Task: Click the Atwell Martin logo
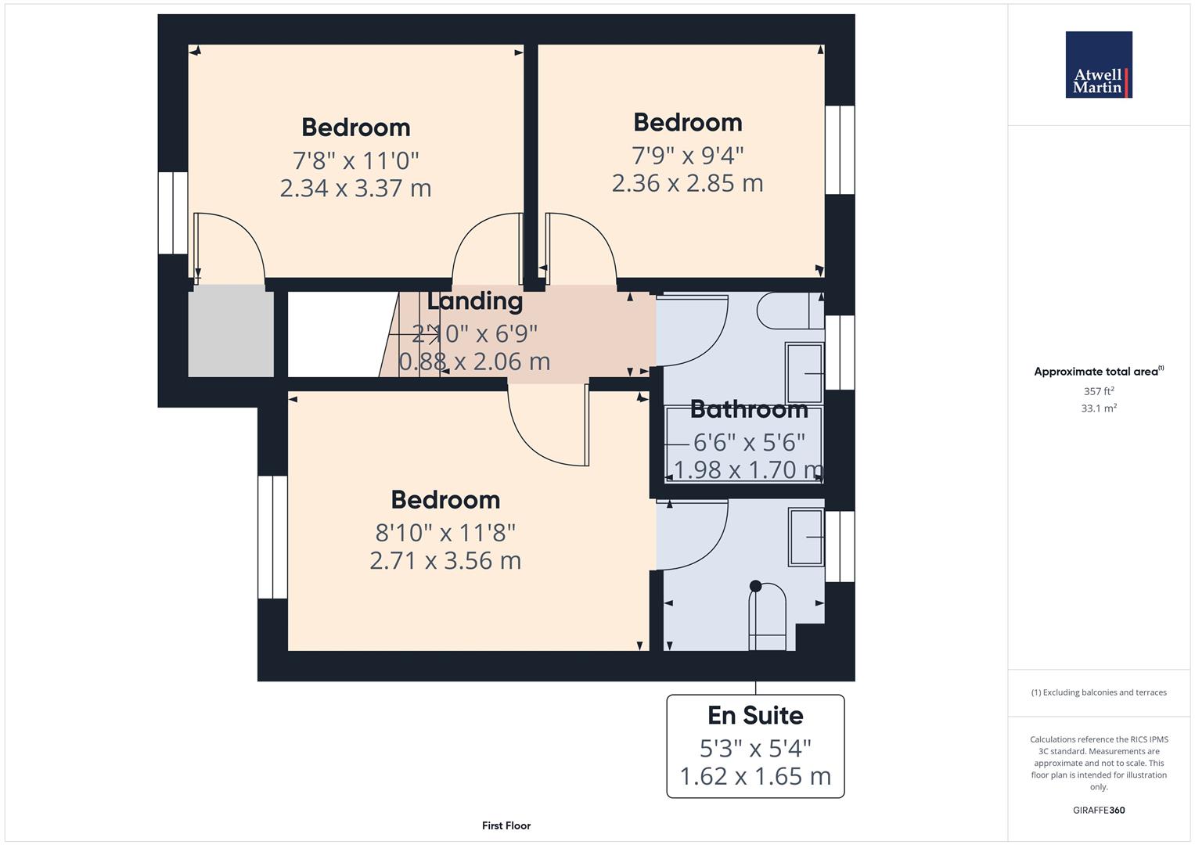click(1099, 64)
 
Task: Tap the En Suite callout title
click(755, 715)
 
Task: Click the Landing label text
click(475, 301)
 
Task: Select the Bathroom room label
click(749, 410)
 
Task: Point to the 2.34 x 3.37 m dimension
click(355, 189)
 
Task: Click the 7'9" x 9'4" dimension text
click(688, 156)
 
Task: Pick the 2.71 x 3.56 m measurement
click(445, 561)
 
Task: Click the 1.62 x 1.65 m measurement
click(755, 776)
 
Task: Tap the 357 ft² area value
click(1099, 391)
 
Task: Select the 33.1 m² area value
click(1099, 408)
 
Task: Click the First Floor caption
click(506, 825)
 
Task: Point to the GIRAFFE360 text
click(1099, 810)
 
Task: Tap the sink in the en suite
click(805, 538)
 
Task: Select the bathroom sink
click(804, 373)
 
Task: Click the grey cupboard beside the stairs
click(231, 331)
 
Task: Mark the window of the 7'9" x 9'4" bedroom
click(840, 150)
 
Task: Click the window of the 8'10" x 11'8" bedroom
click(272, 537)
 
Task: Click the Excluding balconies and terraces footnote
click(1099, 692)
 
